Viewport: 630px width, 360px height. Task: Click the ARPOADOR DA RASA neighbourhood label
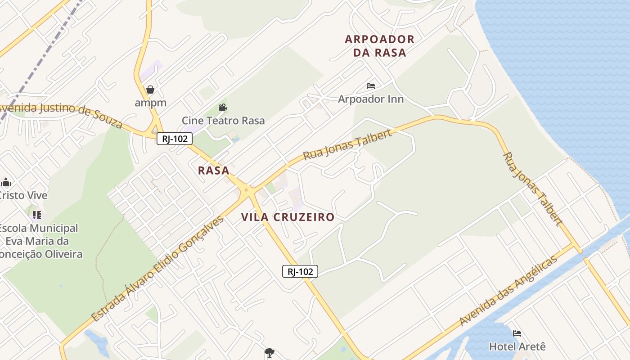click(x=379, y=46)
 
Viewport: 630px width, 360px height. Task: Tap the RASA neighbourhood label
click(x=214, y=171)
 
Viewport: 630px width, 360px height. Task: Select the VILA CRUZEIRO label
click(x=288, y=217)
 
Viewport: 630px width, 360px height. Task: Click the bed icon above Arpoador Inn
click(x=371, y=86)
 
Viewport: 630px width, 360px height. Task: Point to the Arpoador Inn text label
click(x=371, y=99)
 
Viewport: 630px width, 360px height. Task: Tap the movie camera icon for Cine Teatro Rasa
click(x=223, y=108)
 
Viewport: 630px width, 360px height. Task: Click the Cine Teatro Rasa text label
click(x=223, y=121)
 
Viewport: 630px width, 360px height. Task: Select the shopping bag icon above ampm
click(x=150, y=90)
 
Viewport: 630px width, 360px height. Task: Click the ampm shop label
click(x=150, y=103)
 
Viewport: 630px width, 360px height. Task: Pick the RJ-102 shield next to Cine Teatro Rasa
click(x=175, y=139)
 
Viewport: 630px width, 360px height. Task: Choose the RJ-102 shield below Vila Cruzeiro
click(x=300, y=271)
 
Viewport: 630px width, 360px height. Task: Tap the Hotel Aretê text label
click(x=517, y=346)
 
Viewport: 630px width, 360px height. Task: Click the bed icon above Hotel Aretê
click(x=517, y=333)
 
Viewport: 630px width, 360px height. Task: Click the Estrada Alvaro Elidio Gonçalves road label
click(x=158, y=269)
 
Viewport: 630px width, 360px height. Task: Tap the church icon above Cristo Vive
click(x=6, y=182)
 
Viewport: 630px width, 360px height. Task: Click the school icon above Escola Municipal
click(x=37, y=215)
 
